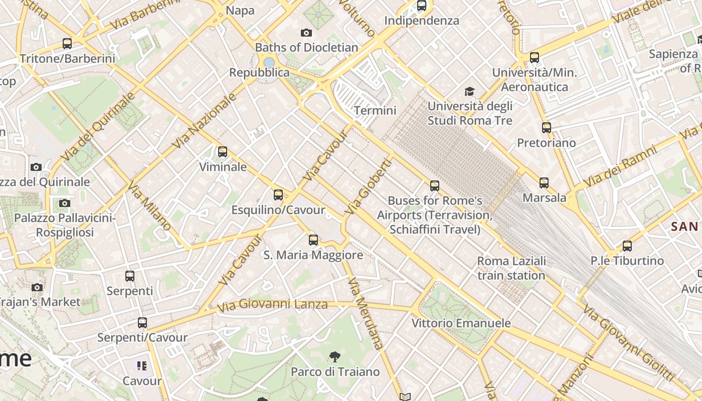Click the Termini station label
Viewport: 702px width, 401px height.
coord(375,110)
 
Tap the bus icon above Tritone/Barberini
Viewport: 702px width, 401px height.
coord(67,44)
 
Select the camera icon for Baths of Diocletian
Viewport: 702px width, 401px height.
coord(306,33)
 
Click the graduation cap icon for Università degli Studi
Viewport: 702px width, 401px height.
coord(469,91)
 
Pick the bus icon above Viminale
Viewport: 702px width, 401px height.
coord(223,151)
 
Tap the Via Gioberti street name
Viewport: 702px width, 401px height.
coord(369,187)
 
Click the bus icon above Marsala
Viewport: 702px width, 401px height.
coord(544,183)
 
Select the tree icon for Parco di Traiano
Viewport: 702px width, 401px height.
coord(334,357)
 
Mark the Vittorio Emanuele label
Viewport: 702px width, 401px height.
coord(461,323)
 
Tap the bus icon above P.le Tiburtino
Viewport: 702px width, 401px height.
coord(627,246)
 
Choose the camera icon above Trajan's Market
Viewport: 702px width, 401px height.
coord(37,287)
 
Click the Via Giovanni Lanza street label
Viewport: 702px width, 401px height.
coord(272,304)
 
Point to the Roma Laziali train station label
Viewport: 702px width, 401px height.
coord(511,268)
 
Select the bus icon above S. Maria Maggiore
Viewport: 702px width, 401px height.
coord(313,240)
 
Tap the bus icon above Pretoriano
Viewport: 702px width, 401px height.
coord(546,128)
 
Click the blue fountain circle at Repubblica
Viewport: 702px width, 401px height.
coord(269,63)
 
